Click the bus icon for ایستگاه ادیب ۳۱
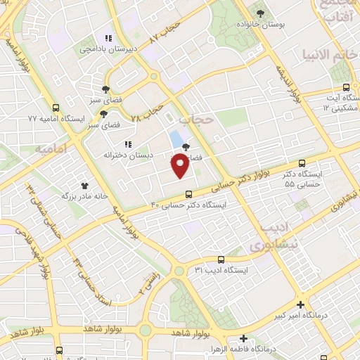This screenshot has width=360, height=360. [x=221, y=259]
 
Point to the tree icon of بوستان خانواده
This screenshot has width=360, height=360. [x=261, y=13]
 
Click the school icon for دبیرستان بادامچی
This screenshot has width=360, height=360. [x=108, y=39]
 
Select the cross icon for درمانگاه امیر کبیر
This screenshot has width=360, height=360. [x=301, y=305]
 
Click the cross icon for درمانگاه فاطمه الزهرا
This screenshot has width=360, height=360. [x=243, y=338]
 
